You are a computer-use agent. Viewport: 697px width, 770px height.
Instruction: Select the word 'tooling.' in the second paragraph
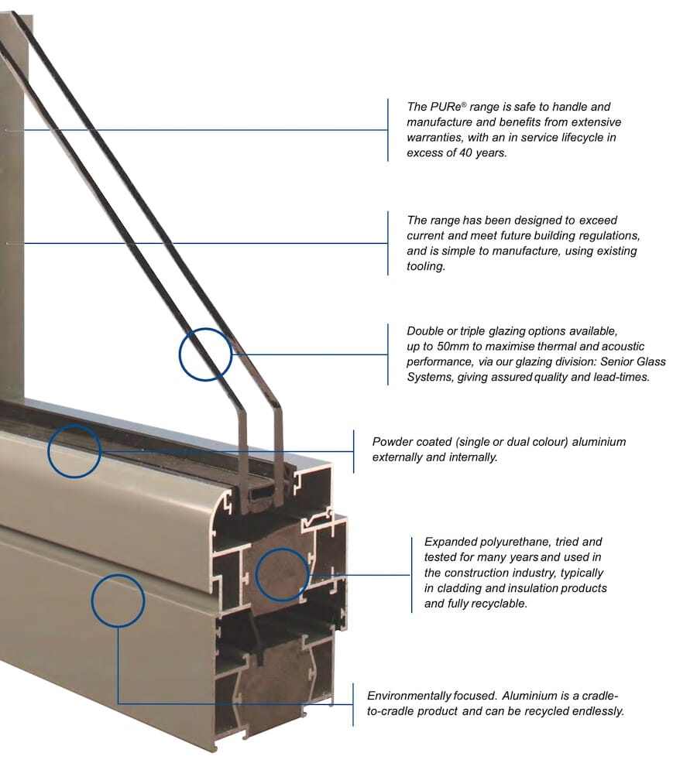[x=427, y=266]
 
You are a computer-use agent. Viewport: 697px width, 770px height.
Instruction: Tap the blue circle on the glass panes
[x=206, y=354]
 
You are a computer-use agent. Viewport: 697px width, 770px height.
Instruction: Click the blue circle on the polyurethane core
[x=282, y=575]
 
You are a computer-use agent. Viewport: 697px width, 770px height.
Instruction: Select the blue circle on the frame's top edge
[x=74, y=450]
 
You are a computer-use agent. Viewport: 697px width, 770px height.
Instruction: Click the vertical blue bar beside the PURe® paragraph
[x=387, y=130]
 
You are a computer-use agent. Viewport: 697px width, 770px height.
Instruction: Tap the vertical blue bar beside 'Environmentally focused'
[x=353, y=703]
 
